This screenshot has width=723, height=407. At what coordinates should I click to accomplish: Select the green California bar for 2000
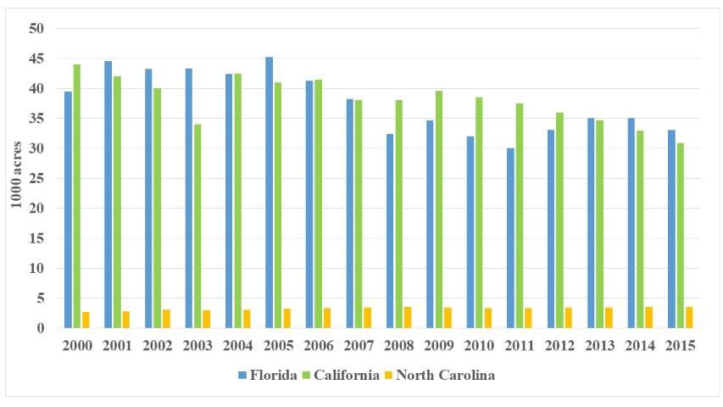pyautogui.click(x=77, y=197)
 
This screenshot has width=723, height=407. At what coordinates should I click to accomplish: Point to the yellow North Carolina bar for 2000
pyautogui.click(x=86, y=320)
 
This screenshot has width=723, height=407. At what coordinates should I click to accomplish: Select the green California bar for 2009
pyautogui.click(x=438, y=209)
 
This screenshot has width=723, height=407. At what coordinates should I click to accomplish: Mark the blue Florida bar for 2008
pyautogui.click(x=389, y=231)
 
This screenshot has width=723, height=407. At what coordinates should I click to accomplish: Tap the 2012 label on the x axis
pyautogui.click(x=559, y=346)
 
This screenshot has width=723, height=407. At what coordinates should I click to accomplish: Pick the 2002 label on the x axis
pyautogui.click(x=158, y=346)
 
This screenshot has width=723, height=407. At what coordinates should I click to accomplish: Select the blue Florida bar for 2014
pyautogui.click(x=630, y=223)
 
